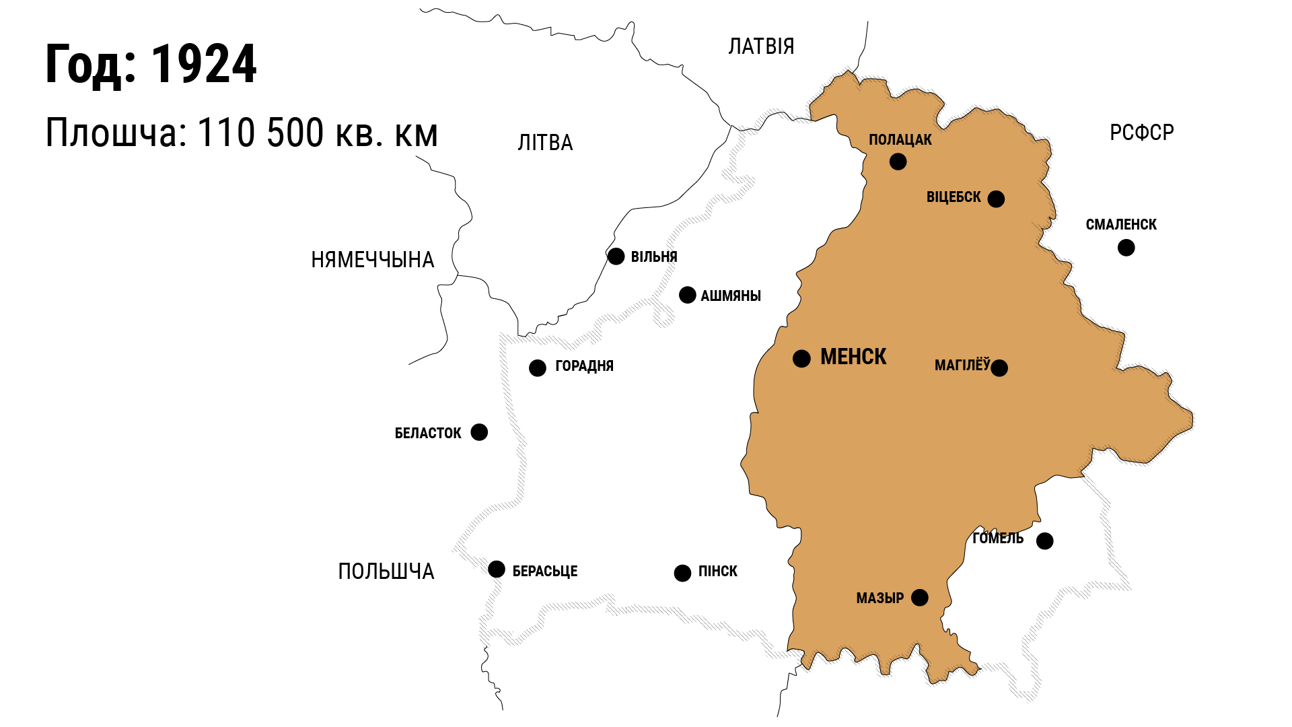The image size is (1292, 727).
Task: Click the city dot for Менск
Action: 801,358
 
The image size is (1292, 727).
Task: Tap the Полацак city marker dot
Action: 898,162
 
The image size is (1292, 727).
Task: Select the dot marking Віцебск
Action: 996,199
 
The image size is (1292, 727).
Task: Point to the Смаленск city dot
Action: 1126,248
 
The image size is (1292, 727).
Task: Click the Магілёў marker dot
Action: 999,368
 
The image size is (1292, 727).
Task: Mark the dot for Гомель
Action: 1044,541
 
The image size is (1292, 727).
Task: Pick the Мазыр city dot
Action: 919,597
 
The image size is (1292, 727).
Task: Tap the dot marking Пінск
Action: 682,573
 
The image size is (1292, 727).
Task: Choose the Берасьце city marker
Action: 497,569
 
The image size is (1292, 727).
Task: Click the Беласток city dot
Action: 479,431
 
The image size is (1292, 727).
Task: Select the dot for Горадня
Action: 537,368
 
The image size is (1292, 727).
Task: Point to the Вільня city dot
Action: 616,256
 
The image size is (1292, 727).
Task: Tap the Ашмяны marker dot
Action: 687,295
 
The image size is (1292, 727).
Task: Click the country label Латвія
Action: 761,46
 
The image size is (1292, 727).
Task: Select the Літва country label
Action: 545,143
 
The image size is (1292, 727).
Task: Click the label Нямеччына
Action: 372,260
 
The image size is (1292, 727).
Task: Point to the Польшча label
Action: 386,572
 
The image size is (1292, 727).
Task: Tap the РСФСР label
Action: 1141,133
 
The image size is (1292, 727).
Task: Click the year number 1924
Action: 203,65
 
